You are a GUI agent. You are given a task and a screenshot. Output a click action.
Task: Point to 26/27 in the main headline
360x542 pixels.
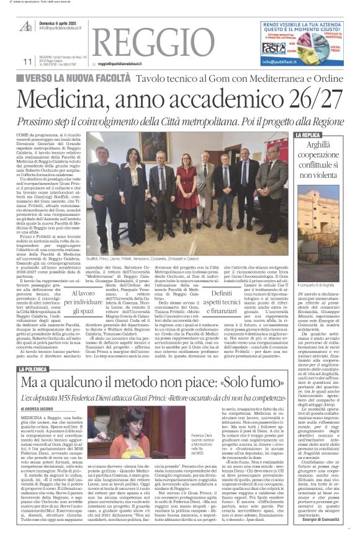(x=307, y=99)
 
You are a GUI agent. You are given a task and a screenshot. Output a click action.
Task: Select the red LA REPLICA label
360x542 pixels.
(x=308, y=135)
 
